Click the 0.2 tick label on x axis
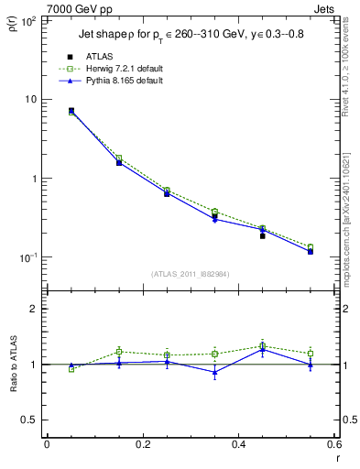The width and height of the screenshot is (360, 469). click(142, 446)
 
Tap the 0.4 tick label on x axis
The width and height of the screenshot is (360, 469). click(238, 446)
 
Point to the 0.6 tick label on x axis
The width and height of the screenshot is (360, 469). click(333, 446)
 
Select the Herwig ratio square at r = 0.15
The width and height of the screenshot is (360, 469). click(119, 352)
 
